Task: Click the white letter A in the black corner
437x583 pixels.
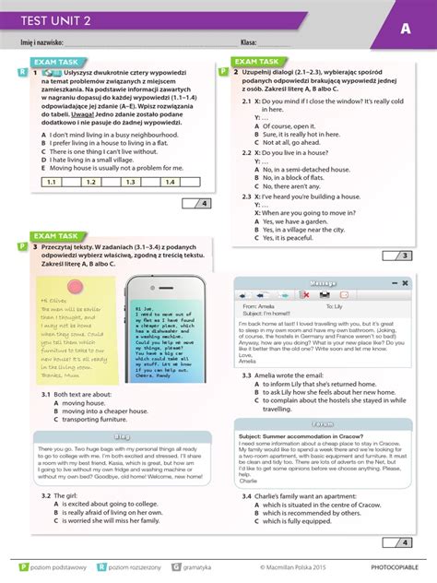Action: [405, 29]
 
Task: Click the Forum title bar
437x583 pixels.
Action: [323, 398]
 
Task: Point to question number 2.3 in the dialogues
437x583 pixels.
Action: [247, 196]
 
